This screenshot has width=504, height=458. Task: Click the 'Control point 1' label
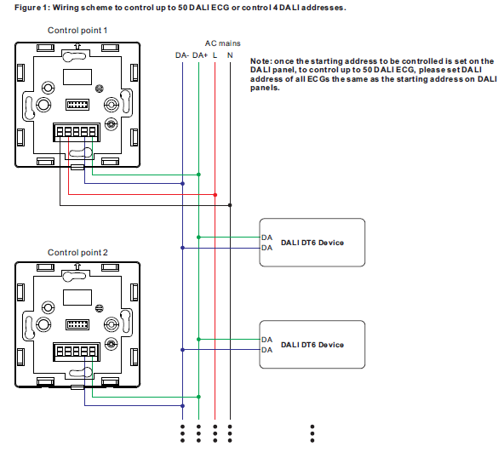(x=77, y=30)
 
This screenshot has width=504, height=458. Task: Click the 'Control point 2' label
(x=77, y=252)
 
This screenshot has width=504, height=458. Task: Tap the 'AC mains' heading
(x=223, y=43)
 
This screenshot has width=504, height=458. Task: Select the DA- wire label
(x=182, y=55)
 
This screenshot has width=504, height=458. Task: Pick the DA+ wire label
(x=200, y=55)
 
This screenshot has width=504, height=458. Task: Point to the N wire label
(x=230, y=55)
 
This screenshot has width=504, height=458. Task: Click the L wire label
(x=215, y=55)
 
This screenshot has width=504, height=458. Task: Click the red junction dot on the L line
(x=215, y=195)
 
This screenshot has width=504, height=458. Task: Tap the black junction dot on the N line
(x=230, y=205)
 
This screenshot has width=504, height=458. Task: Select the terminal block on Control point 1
(x=77, y=132)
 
